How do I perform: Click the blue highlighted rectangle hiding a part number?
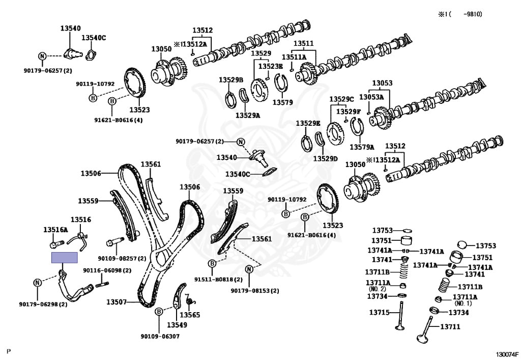pos(65,258)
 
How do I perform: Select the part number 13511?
pos(303,43)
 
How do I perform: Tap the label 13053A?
pos(371,97)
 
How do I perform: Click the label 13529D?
pos(326,159)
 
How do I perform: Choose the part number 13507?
pos(117,302)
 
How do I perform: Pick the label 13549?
pos(178,324)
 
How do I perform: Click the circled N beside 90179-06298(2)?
pos(38,283)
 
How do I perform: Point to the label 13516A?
pos(55,230)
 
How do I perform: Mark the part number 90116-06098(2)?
pos(107,270)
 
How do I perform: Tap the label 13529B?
pos(231,80)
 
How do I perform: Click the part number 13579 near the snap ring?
pos(283,102)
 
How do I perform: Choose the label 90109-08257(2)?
pos(122,259)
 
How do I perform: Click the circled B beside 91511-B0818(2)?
pos(211,263)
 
